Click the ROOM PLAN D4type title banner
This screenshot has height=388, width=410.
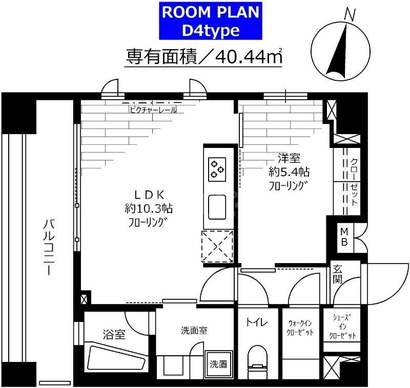211,21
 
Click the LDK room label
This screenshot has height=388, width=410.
149,195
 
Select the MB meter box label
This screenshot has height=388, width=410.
344,237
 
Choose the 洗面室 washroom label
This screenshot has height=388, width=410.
194,331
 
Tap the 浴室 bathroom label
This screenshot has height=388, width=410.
113,335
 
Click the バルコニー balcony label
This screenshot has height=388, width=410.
49,246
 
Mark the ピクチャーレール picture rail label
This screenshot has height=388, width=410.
152,110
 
